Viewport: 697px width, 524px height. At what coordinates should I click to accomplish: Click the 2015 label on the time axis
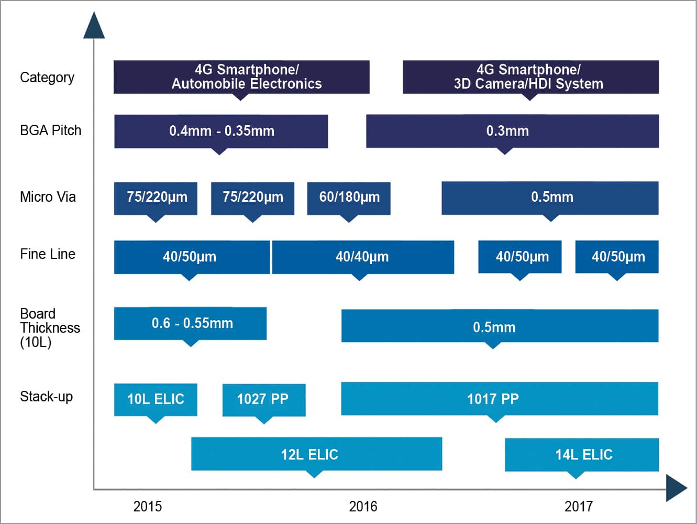[147, 506]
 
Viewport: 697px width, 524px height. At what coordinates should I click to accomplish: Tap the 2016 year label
[363, 506]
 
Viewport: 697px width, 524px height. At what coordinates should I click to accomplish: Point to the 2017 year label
[578, 506]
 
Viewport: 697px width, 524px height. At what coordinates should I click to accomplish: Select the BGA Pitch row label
[50, 130]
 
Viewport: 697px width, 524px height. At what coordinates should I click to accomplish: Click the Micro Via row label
[48, 197]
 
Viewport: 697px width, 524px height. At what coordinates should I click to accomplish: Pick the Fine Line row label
[48, 254]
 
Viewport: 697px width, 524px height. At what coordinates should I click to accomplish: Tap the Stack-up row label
[46, 397]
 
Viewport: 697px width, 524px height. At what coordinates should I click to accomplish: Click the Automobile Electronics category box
[241, 77]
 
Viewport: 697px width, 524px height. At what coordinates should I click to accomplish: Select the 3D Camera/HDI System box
[530, 77]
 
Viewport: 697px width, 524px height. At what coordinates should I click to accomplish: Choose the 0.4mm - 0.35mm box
[221, 131]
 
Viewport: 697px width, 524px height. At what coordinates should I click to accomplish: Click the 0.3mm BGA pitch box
[512, 131]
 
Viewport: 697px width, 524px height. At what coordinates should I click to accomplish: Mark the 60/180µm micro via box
[349, 198]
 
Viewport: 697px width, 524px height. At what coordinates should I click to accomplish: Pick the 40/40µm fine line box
[362, 257]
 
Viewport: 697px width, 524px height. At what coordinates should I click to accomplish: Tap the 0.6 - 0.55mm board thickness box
[191, 323]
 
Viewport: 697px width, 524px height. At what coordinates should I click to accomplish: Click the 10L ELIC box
[156, 399]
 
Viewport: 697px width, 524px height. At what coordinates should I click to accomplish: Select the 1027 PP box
[263, 399]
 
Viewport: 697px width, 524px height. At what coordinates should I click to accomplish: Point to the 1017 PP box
[499, 399]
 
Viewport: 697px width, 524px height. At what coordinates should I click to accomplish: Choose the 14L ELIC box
[581, 454]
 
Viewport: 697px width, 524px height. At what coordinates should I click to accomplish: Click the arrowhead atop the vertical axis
[94, 26]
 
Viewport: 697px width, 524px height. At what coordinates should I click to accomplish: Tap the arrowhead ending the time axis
[676, 488]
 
